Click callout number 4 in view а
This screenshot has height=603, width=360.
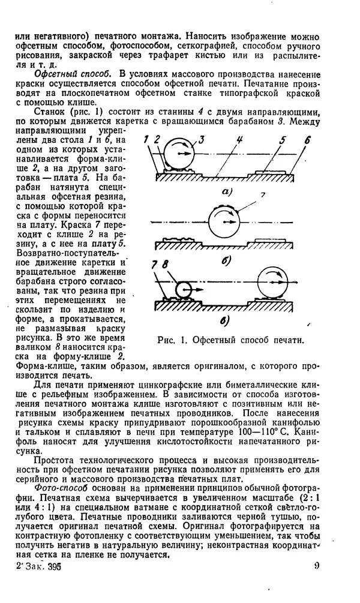pos(239,140)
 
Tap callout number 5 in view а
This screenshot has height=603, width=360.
pos(283,140)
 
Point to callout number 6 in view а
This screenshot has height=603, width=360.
pos(308,140)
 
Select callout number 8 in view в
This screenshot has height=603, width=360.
pos(164,264)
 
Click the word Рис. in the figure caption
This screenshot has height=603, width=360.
pos(166,340)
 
